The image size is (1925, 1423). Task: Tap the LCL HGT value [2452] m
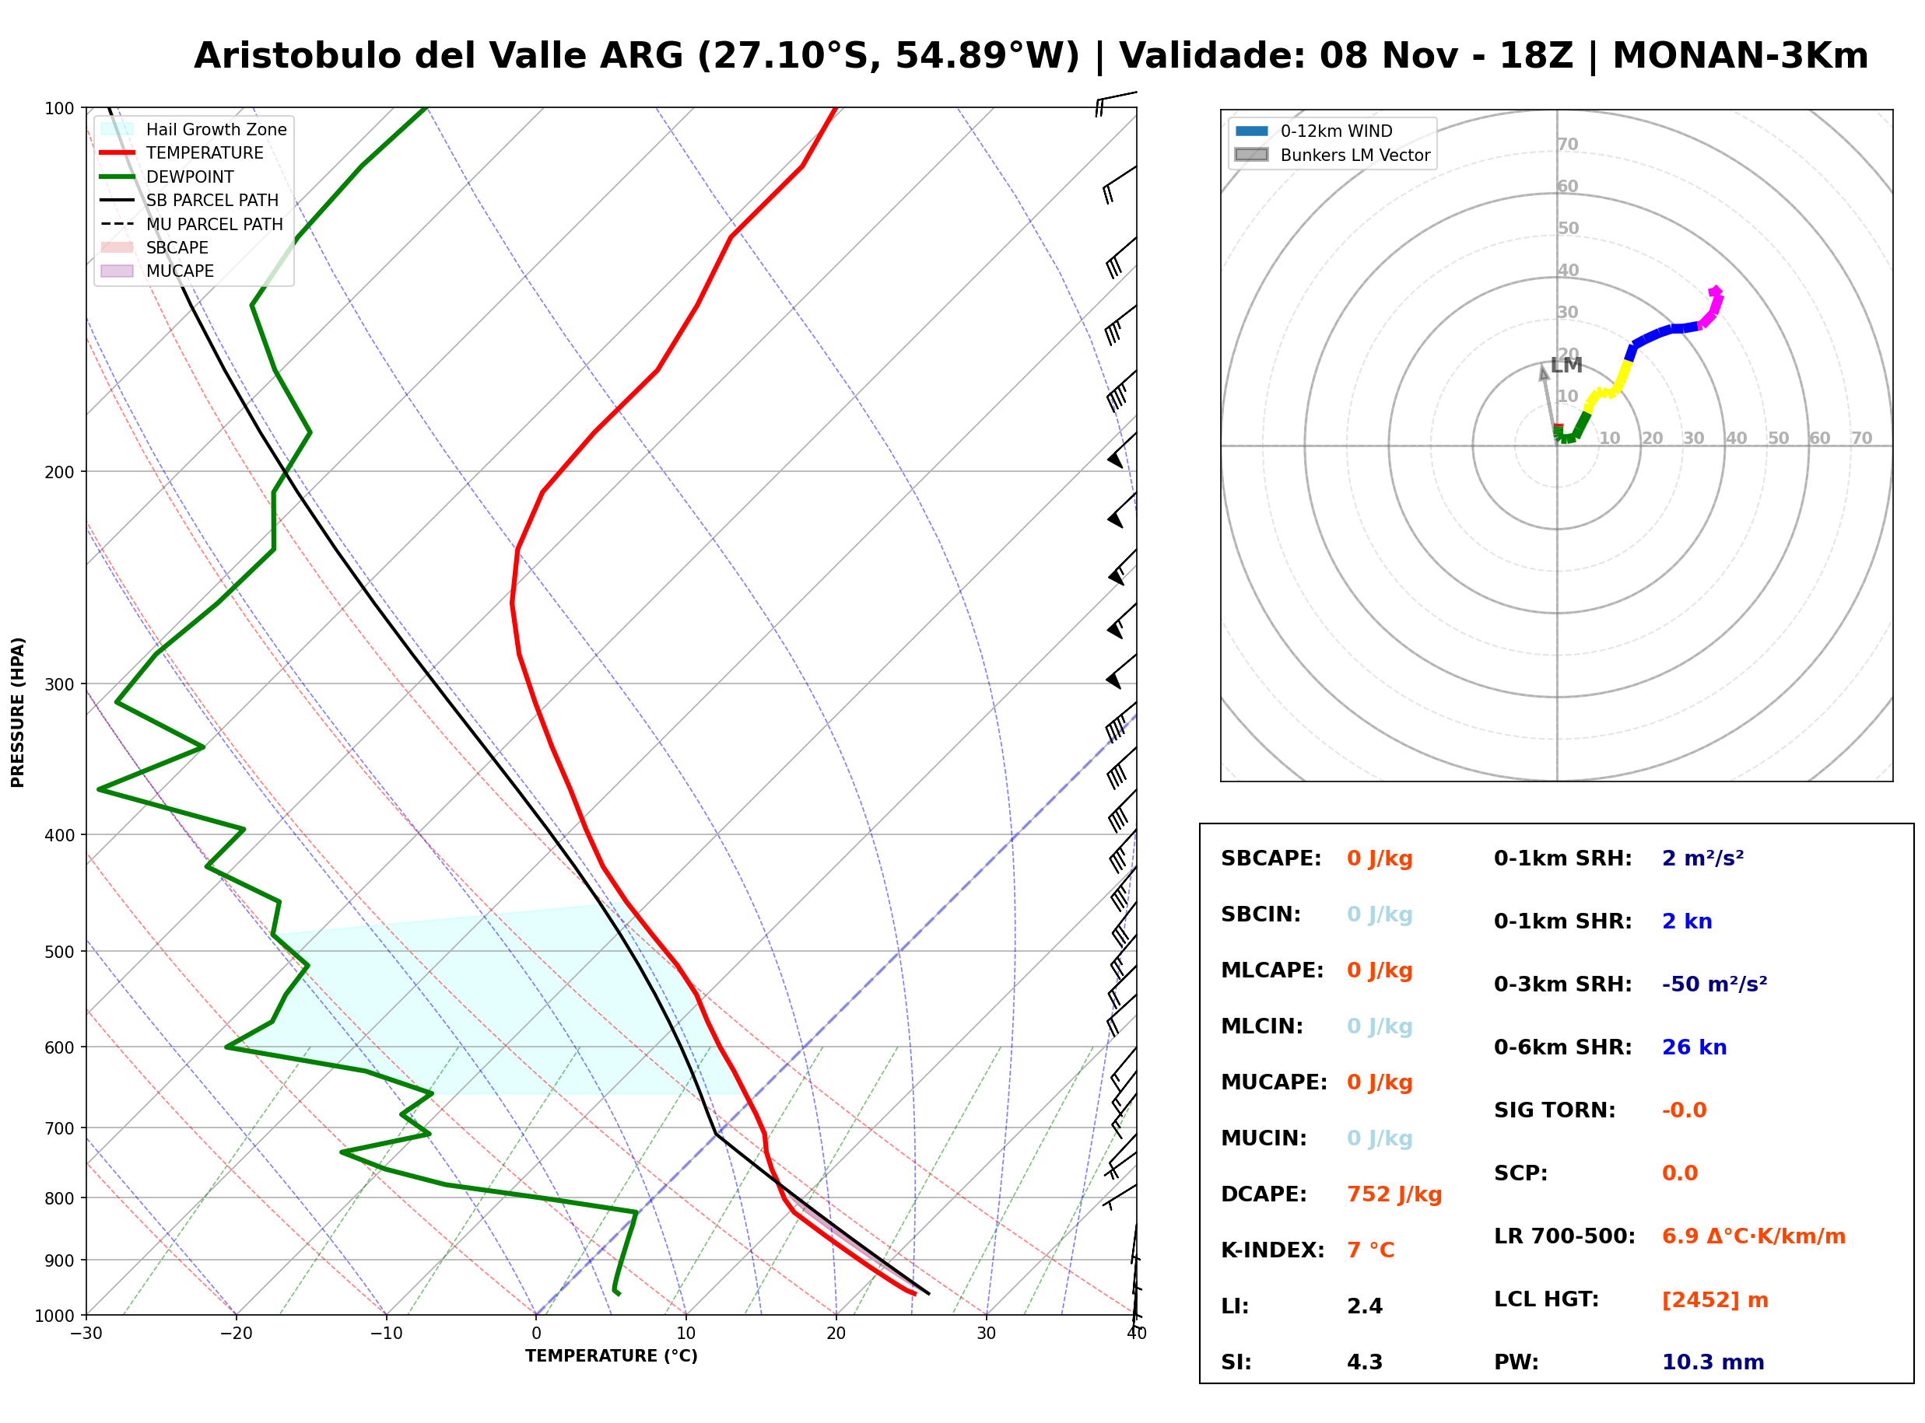click(x=1715, y=1300)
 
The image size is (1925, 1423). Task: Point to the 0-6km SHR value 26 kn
click(x=1694, y=1047)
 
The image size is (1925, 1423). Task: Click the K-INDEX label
click(x=1273, y=1250)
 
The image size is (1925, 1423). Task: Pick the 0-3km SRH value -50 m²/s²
click(x=1715, y=984)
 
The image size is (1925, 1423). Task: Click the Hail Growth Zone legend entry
click(x=194, y=129)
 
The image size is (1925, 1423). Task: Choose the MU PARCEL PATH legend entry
click(x=191, y=224)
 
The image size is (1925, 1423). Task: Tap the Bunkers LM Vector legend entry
click(x=1332, y=155)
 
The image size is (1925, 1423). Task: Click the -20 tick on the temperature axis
click(x=236, y=1334)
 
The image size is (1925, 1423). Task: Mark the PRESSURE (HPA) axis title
click(x=18, y=712)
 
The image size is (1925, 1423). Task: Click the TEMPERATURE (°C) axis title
click(x=612, y=1356)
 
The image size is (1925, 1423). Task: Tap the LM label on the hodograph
click(x=1566, y=365)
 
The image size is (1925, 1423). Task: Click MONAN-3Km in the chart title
click(x=1741, y=56)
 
